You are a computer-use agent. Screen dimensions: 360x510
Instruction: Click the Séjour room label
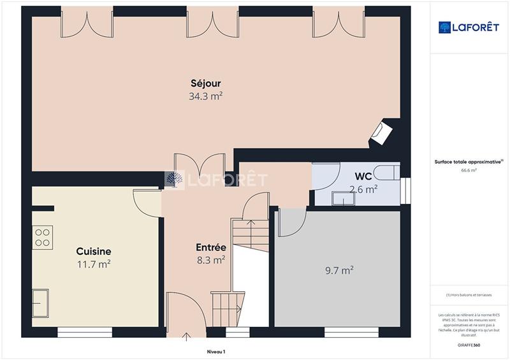(x=205, y=83)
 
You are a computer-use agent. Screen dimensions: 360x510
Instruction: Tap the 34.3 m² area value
(x=205, y=97)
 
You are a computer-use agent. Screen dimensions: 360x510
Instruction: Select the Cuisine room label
(x=94, y=251)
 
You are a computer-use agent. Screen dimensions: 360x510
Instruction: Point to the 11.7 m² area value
(x=94, y=264)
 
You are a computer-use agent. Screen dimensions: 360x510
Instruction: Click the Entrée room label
(x=210, y=247)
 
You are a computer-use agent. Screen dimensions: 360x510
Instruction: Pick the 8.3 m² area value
(x=210, y=260)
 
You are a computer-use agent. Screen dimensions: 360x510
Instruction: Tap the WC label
(x=363, y=176)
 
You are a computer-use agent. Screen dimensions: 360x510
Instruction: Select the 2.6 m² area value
(x=363, y=189)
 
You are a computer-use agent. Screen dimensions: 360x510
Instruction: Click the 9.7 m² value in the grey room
(x=339, y=270)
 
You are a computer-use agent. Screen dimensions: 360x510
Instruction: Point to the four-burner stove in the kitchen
(x=43, y=237)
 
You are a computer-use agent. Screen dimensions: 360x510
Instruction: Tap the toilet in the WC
(x=386, y=171)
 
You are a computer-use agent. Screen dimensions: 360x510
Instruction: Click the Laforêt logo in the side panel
(x=469, y=27)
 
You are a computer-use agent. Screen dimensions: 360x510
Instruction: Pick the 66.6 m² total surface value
(x=469, y=171)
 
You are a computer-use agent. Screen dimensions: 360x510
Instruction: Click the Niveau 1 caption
(x=216, y=352)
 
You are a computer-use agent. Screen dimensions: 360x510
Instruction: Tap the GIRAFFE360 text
(x=469, y=345)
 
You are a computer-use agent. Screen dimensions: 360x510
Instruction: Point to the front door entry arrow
(x=187, y=336)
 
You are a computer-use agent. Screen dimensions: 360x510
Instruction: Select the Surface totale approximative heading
(x=469, y=162)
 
